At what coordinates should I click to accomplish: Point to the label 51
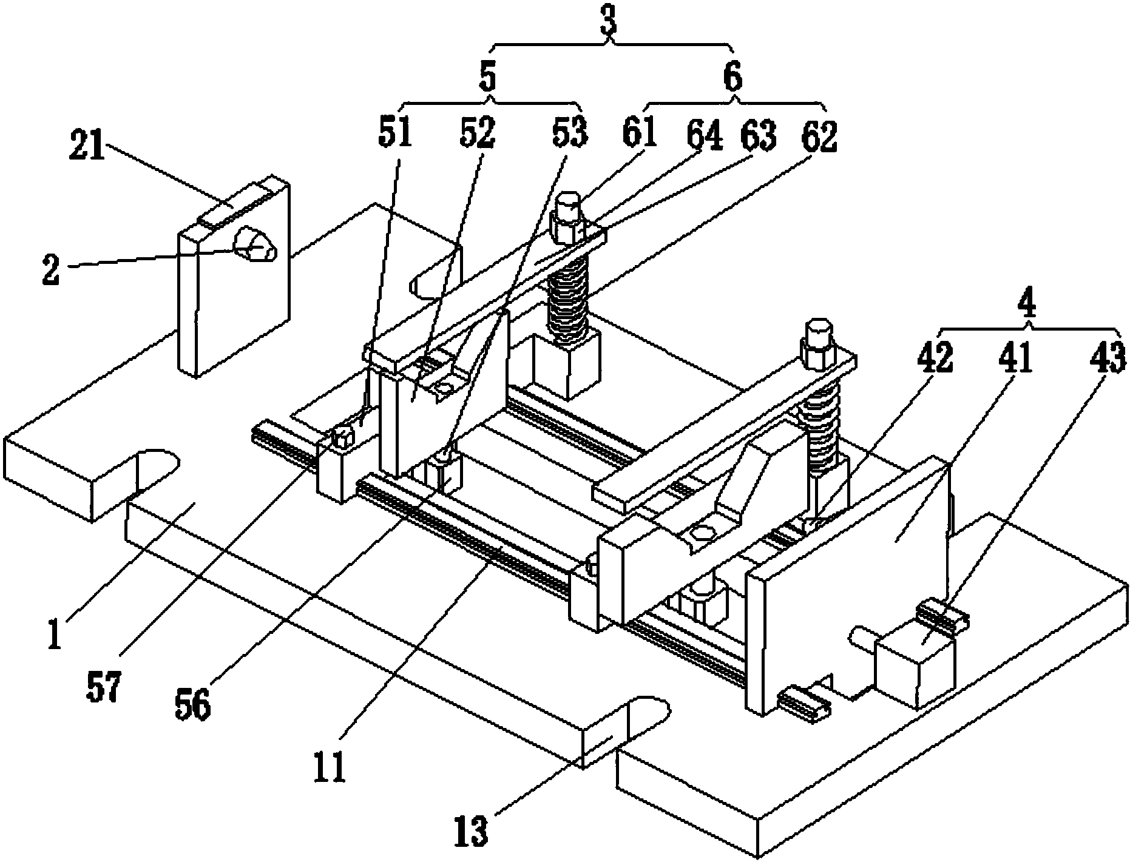pos(394,134)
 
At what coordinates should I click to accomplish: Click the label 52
pos(477,134)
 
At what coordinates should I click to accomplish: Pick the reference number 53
pos(569,134)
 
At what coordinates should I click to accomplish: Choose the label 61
pos(640,134)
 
